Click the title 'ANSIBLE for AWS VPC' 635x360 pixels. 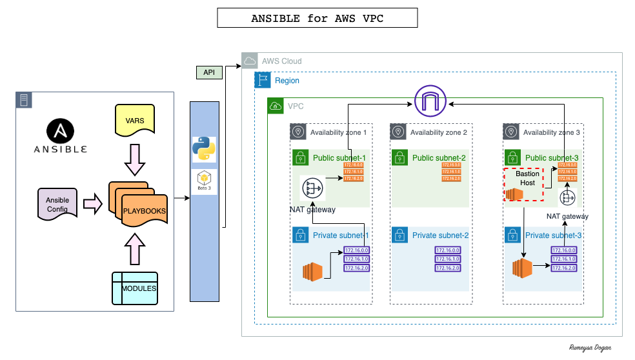coord(317,18)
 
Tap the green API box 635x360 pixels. coord(208,72)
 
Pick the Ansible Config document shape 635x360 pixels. coord(57,203)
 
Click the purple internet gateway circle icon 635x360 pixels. coord(430,101)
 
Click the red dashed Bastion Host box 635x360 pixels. coord(523,184)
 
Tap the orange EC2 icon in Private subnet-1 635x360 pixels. coord(312,272)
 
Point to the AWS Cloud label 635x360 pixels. coord(281,61)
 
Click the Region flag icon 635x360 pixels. coord(262,80)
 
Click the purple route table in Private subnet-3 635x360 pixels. coord(563,259)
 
